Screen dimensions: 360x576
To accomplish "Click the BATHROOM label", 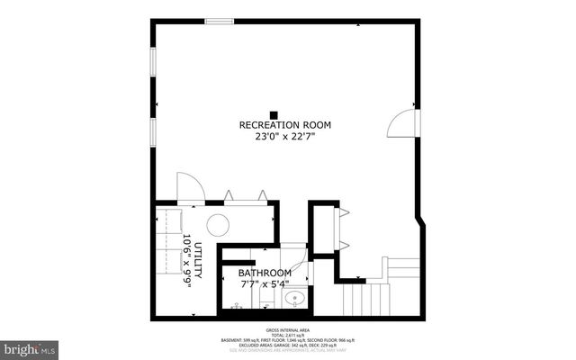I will (x=265, y=273).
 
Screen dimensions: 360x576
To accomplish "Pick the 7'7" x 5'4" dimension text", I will (x=265, y=285).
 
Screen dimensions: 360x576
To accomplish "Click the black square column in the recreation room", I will (x=286, y=113).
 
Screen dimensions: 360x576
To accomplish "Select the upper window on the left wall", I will (x=153, y=62).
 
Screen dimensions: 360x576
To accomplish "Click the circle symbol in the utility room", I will (x=218, y=226).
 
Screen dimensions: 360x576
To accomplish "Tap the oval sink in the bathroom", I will (x=292, y=298).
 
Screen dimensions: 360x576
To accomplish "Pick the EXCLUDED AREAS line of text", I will (x=287, y=345).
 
